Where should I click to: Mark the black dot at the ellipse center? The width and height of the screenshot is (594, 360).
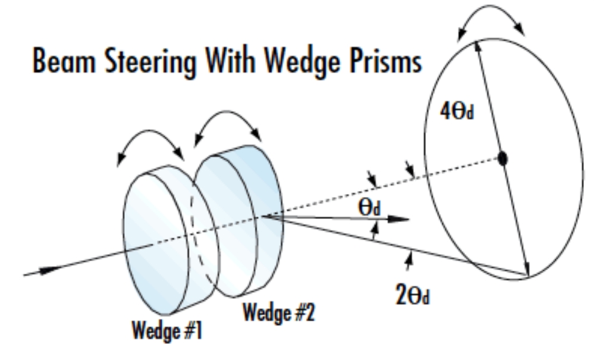pos(502,158)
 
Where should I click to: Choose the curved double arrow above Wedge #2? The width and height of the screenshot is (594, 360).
pos(228,126)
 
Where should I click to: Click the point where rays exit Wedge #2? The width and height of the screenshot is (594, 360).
pos(260,217)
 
